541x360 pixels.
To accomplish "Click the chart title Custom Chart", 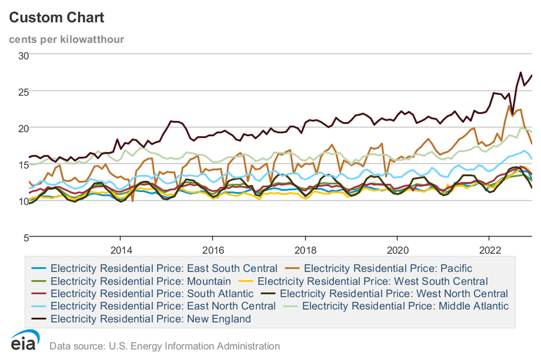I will pyautogui.click(x=56, y=18).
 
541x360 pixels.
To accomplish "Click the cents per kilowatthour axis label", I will pyautogui.click(x=66, y=39).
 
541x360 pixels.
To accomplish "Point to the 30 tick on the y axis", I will pyautogui.click(x=23, y=56).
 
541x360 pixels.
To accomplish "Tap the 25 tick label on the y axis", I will pyautogui.click(x=23, y=92).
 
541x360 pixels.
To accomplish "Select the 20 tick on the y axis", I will pyautogui.click(x=23, y=128).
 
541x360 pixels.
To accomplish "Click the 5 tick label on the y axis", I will pyautogui.click(x=26, y=238).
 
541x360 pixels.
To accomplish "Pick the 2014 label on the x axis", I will pyautogui.click(x=121, y=250).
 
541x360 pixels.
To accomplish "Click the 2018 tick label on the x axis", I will pyautogui.click(x=305, y=250).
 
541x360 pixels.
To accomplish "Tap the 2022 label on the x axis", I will pyautogui.click(x=490, y=250).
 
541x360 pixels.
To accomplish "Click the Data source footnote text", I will pyautogui.click(x=164, y=346).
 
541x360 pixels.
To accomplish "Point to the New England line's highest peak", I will pyautogui.click(x=520, y=72).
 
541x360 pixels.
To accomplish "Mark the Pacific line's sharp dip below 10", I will pyautogui.click(x=133, y=201).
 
